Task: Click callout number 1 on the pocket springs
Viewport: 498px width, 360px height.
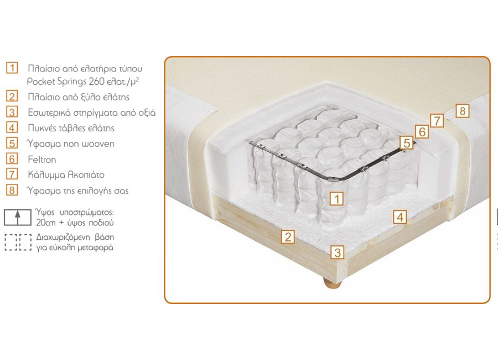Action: (336, 199)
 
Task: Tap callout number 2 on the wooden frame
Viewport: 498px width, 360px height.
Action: (288, 237)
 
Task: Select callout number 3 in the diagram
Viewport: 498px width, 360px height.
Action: (338, 253)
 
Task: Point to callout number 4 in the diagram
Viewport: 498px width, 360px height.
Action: (400, 217)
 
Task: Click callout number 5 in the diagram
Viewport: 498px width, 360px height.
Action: (407, 143)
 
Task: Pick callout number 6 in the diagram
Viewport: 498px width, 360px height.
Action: (422, 131)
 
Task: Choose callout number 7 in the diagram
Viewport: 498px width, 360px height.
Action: (437, 121)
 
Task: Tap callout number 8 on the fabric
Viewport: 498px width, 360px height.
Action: (463, 111)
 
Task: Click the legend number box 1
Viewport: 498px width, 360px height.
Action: (12, 68)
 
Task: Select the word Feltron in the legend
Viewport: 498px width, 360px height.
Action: (42, 160)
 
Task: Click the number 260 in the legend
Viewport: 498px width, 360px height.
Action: (96, 81)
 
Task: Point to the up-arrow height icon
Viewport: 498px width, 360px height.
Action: (18, 218)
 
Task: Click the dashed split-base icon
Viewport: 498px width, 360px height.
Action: (18, 243)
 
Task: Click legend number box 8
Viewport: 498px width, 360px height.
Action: (12, 190)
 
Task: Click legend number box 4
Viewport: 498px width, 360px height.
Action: (12, 127)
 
